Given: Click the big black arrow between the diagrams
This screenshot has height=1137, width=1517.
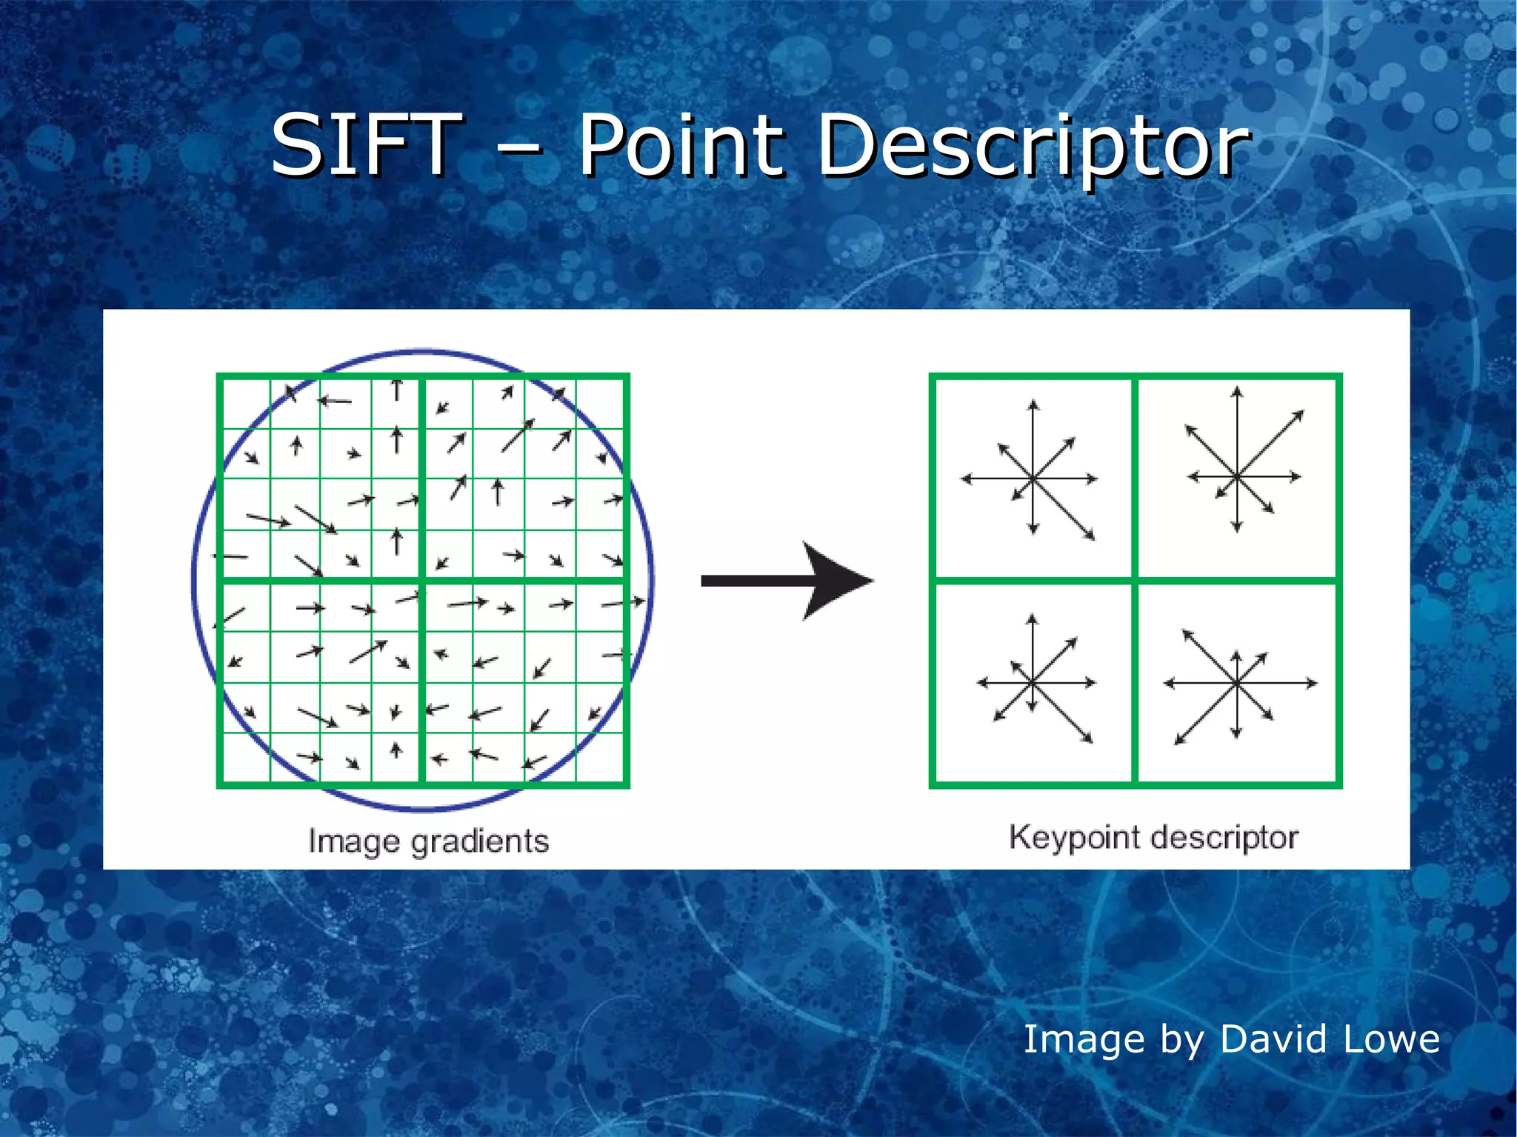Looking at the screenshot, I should click(x=778, y=581).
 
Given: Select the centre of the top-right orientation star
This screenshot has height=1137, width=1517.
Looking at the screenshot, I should click(x=1236, y=476).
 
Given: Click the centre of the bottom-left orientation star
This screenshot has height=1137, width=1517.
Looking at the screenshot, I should click(x=1033, y=682).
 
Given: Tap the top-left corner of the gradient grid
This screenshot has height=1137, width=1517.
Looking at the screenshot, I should click(x=219, y=377).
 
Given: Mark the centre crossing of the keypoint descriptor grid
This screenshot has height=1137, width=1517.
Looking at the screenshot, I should click(x=1135, y=580).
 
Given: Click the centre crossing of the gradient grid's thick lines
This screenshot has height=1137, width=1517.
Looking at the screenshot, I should click(x=421, y=580).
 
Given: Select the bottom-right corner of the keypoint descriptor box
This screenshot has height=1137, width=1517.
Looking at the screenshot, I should click(x=1339, y=784).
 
